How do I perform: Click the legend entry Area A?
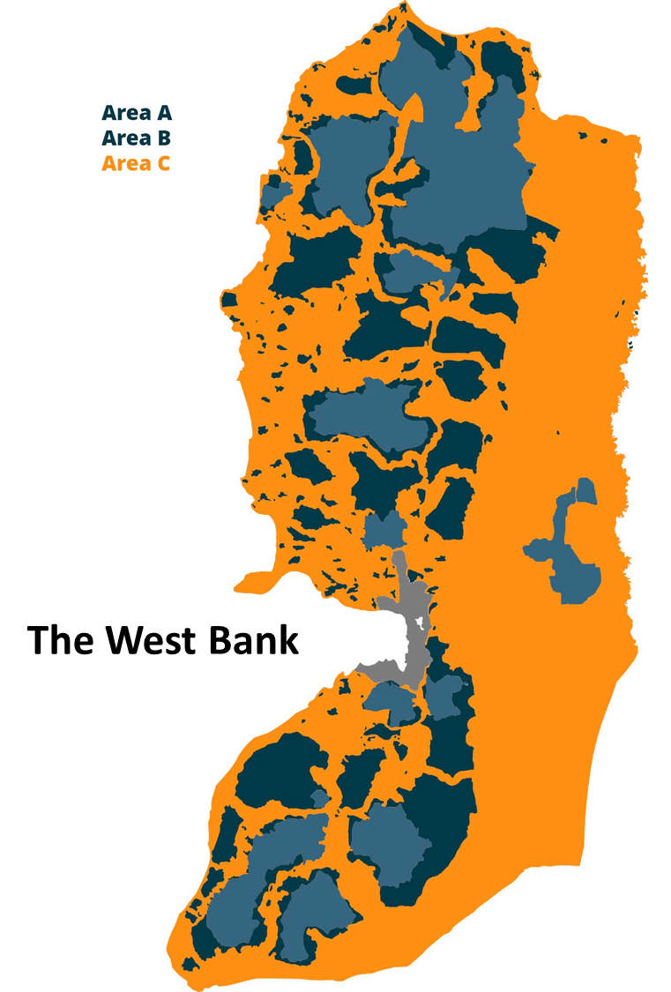[x=136, y=113]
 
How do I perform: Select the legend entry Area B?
[x=136, y=138]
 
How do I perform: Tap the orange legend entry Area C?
[x=136, y=163]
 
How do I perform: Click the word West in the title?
[x=146, y=640]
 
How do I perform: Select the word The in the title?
[x=56, y=640]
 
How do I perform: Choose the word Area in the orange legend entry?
[x=123, y=163]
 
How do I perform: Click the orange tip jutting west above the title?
[x=242, y=584]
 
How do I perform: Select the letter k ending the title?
[x=289, y=640]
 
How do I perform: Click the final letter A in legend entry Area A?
[x=162, y=113]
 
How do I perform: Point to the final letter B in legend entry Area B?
[x=162, y=138]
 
